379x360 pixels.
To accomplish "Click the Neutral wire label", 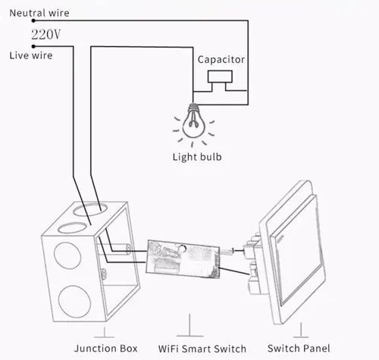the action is (x=39, y=13).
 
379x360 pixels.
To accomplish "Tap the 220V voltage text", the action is (x=46, y=35).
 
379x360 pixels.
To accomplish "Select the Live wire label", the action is (x=31, y=55).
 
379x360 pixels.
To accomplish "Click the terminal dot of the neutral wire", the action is (x=33, y=20).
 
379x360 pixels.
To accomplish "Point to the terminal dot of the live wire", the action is (x=33, y=46).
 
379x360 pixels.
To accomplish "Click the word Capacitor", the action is (x=221, y=60).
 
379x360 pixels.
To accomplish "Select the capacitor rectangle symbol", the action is (x=220, y=77).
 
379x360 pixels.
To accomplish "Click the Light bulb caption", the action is (x=197, y=157).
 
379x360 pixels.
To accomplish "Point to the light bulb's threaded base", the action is (x=193, y=108).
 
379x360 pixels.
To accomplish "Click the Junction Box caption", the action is (x=106, y=349).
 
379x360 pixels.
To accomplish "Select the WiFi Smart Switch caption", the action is (x=202, y=349).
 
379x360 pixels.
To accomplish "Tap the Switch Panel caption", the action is (x=299, y=349).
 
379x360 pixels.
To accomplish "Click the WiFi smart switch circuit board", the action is (x=183, y=259).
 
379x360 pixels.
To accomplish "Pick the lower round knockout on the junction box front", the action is (x=74, y=302).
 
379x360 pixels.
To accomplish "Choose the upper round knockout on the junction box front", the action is (x=67, y=255).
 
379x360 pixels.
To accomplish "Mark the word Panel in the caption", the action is (x=316, y=349).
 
